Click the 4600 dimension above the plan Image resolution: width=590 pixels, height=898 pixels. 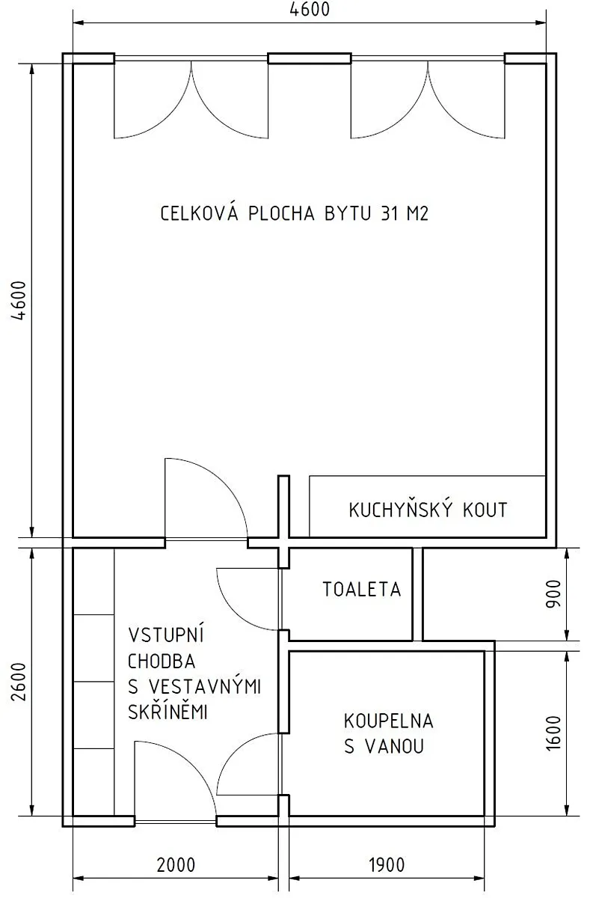310,10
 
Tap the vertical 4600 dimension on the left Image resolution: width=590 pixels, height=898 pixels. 19,300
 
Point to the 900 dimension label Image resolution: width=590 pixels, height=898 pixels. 554,593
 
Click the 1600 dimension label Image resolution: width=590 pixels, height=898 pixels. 554,733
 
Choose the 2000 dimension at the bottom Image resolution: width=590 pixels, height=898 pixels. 176,865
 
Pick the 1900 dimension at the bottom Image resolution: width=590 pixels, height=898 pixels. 387,865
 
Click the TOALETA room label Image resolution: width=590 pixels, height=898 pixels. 362,590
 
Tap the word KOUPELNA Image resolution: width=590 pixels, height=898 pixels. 389,721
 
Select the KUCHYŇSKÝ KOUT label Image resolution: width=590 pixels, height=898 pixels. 428,510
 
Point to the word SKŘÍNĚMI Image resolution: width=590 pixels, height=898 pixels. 168,711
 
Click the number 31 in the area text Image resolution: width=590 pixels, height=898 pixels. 390,213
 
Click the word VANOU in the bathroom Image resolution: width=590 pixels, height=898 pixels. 395,747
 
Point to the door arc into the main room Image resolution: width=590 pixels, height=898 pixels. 224,481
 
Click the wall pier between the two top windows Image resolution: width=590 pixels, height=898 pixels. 310,58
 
